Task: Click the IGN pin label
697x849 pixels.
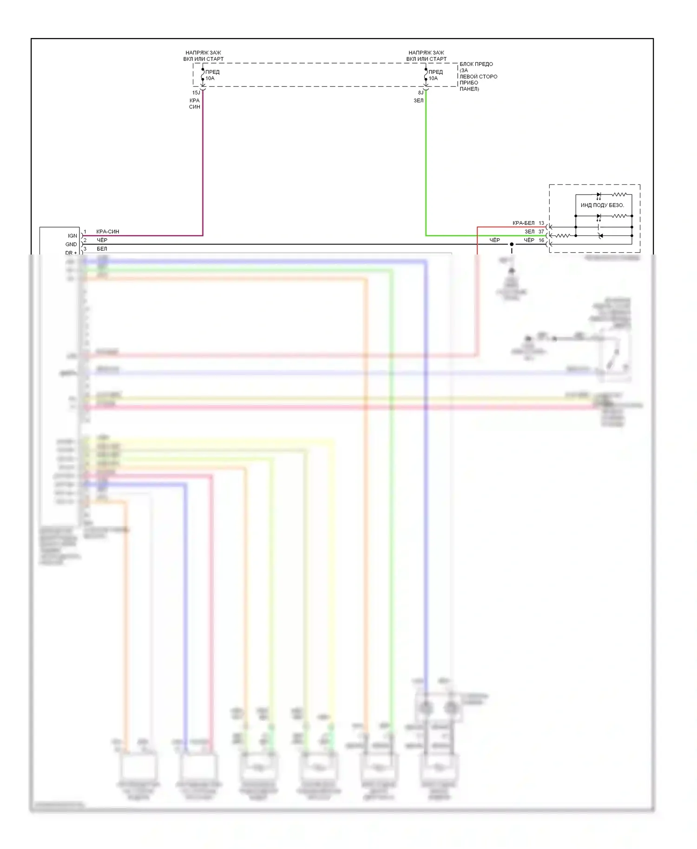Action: (x=72, y=236)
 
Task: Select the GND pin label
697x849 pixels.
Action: (x=71, y=244)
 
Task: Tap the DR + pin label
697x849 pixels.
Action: (x=71, y=253)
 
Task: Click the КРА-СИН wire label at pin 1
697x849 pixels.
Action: (x=108, y=231)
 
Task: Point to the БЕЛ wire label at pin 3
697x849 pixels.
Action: (x=102, y=249)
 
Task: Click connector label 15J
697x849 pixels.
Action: (x=196, y=93)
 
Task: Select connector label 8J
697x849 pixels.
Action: (x=421, y=93)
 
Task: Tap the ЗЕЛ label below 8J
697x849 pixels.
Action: (x=419, y=101)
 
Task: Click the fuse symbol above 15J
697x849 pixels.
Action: (x=203, y=75)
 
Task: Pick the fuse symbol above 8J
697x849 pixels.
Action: (x=426, y=75)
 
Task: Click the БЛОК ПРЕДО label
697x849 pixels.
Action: (x=476, y=64)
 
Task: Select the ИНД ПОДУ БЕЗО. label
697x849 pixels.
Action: (x=602, y=205)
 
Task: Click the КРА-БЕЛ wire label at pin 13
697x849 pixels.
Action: (x=523, y=223)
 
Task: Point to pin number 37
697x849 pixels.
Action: (x=541, y=231)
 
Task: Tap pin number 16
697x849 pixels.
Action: (x=541, y=240)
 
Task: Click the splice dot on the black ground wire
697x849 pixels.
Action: (x=512, y=244)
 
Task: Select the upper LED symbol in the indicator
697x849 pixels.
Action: (x=599, y=195)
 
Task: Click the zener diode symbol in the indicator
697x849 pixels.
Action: (x=600, y=236)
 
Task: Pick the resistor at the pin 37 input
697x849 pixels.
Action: (x=563, y=236)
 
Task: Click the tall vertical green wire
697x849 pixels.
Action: (x=426, y=163)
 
